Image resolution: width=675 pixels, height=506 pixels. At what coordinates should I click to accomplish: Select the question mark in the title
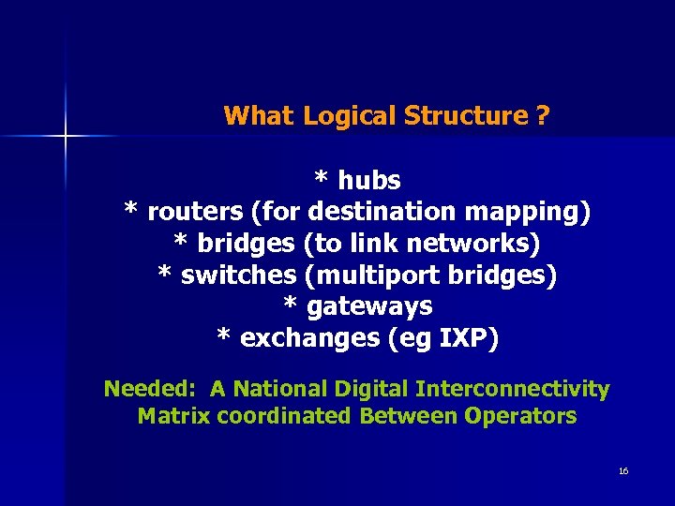coord(544,116)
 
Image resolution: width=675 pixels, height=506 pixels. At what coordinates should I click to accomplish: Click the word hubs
coord(369,179)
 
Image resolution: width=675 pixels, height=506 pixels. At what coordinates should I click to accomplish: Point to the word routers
coord(196,211)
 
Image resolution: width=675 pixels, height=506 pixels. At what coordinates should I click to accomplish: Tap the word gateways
coord(369,306)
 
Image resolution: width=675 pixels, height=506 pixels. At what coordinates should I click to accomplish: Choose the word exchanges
coord(310,338)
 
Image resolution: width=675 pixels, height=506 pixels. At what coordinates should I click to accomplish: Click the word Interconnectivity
coord(513,389)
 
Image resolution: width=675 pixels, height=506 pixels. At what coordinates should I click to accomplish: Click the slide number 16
coord(623,470)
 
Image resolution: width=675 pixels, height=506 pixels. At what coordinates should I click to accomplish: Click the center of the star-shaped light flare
coord(66,137)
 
